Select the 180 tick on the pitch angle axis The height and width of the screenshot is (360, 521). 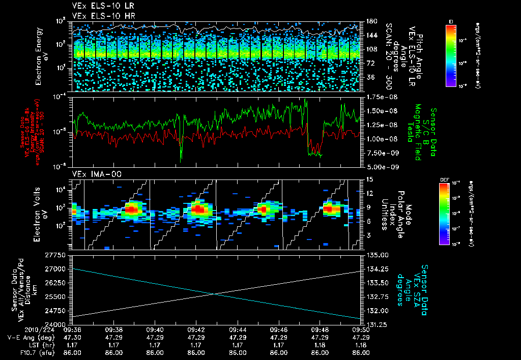tap(371, 21)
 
